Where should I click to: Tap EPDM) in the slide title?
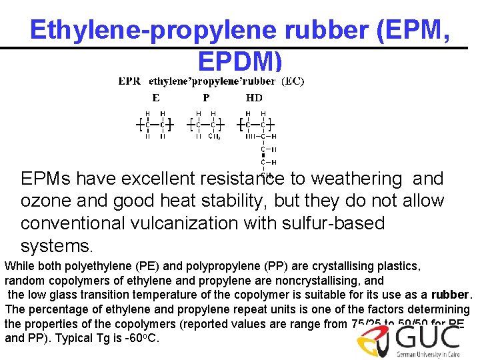tap(240, 61)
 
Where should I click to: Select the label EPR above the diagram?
tap(129, 81)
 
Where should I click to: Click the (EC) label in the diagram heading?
tap(293, 81)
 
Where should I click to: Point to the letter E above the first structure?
tap(155, 97)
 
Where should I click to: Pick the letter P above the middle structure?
tap(206, 97)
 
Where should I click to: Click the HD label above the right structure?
tap(254, 97)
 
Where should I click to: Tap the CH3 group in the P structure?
tap(215, 137)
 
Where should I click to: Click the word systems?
tap(57, 246)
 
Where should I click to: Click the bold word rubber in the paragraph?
tap(451, 295)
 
